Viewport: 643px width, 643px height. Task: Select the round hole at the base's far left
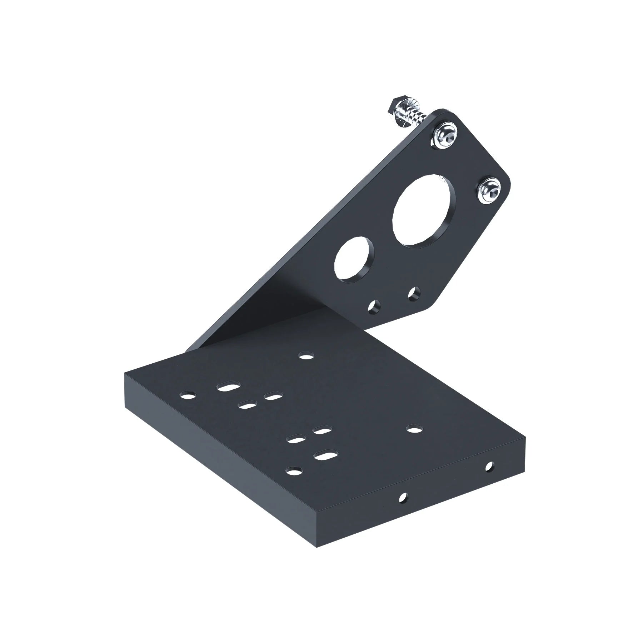click(x=188, y=396)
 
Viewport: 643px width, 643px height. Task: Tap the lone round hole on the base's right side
click(x=414, y=428)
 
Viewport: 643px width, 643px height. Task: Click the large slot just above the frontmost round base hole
click(x=324, y=456)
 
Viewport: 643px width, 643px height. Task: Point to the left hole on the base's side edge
click(x=403, y=497)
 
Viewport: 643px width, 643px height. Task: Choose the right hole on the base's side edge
click(x=489, y=466)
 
